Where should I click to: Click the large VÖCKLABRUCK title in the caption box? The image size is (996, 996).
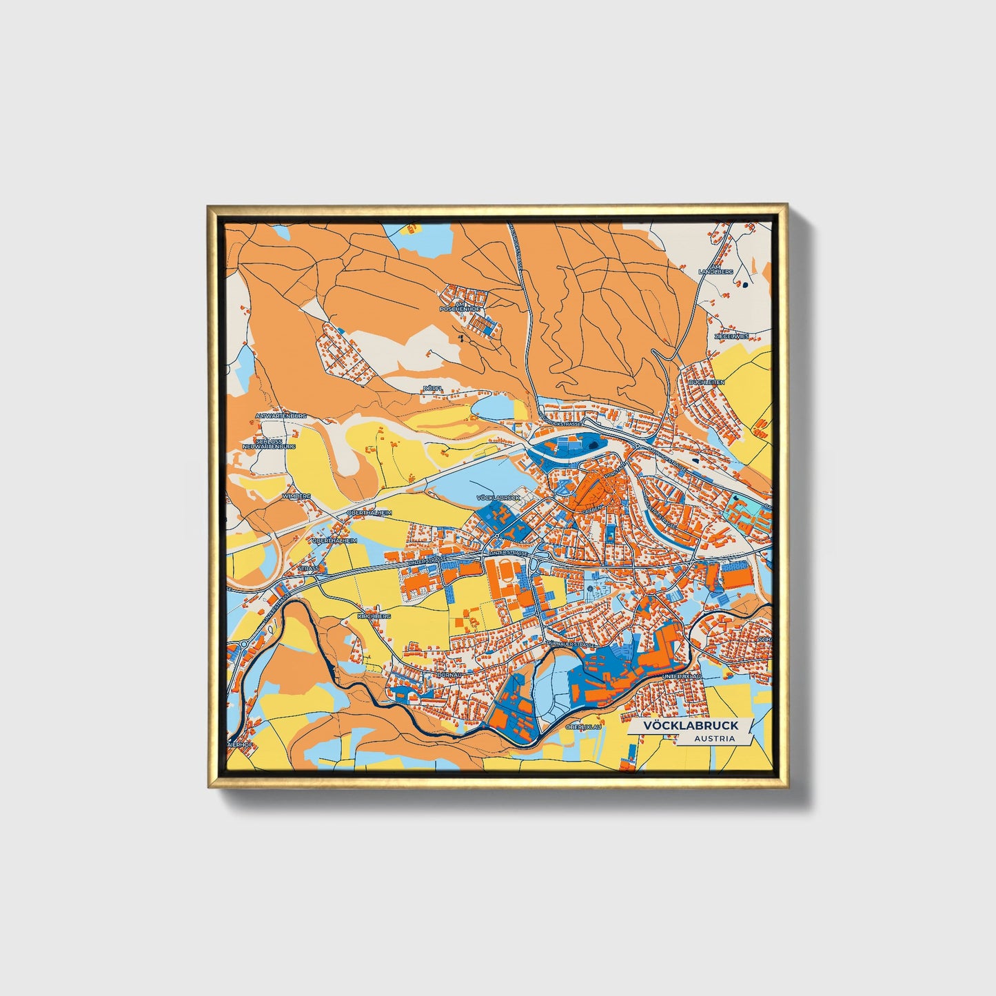click(691, 725)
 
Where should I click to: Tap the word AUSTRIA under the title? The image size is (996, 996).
click(714, 739)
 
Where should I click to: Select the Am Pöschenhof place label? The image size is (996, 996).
click(460, 307)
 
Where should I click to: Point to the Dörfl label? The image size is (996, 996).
click(432, 389)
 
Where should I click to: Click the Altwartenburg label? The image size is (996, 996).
click(280, 416)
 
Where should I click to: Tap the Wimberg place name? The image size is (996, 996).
click(297, 496)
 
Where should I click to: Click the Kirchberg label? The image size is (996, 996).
click(374, 616)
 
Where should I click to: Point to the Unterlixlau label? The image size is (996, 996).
click(682, 677)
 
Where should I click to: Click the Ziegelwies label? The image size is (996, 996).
click(731, 337)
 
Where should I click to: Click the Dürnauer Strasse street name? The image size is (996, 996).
click(570, 644)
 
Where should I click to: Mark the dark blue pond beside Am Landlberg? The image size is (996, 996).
click(745, 283)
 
